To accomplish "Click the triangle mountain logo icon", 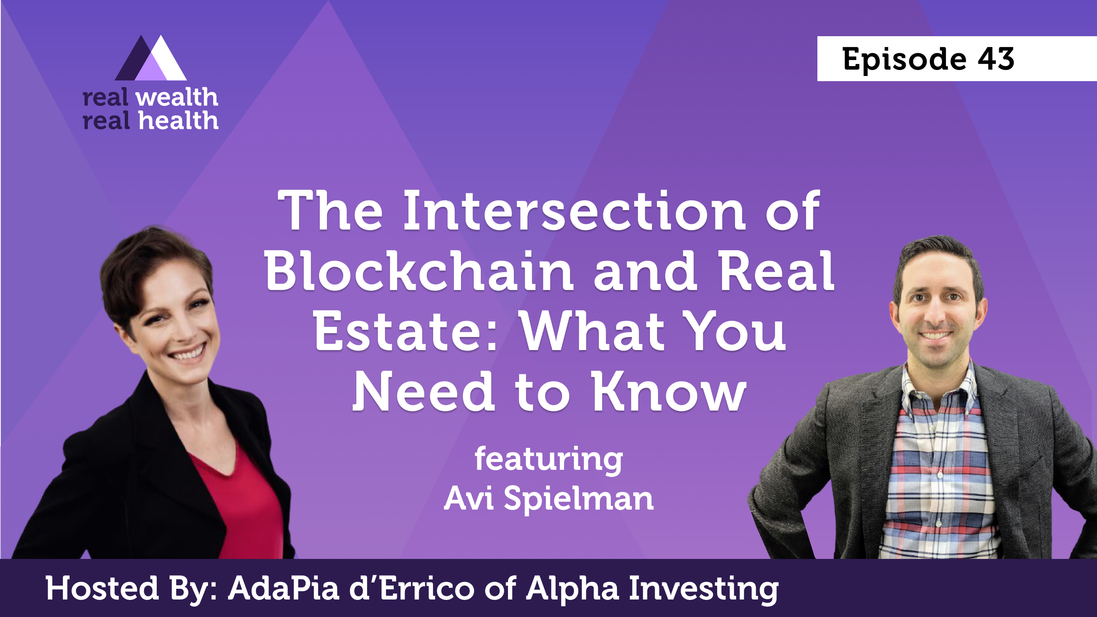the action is point(151,58).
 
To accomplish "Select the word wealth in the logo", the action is point(177,97).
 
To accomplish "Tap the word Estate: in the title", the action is point(405,331).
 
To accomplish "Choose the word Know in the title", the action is point(669,391).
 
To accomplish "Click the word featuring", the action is point(548,460).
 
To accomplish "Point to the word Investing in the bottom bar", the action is point(704,589).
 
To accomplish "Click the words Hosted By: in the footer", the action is point(132,588).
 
